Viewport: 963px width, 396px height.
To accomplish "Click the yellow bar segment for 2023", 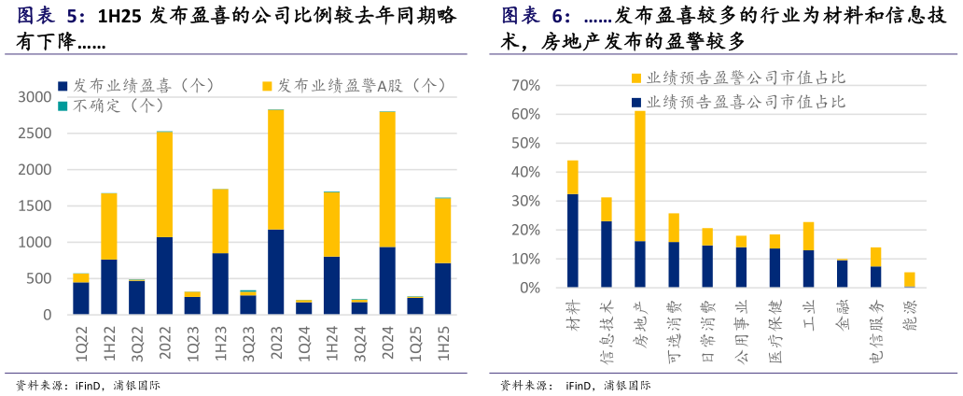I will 275,169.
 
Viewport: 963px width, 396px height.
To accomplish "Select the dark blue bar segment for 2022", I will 164,276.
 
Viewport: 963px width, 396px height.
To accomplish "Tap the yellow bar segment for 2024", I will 387,178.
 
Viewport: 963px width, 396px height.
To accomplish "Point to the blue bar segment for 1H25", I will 442,289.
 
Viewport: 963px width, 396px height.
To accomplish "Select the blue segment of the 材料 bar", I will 572,241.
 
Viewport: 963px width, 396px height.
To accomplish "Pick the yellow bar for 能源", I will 909,279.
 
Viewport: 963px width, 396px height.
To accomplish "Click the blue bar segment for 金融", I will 842,274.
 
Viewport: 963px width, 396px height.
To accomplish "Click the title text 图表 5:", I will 51,16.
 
